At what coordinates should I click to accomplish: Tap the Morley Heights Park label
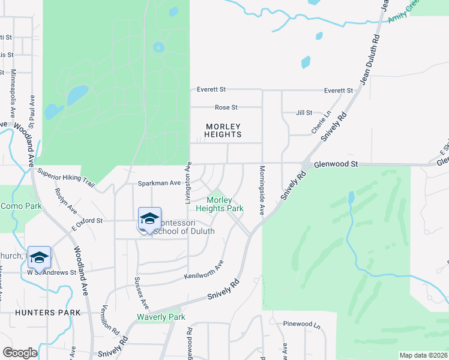224,204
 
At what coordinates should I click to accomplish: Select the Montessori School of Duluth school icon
149,219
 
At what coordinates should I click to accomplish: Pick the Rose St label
226,108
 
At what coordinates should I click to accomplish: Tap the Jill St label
304,113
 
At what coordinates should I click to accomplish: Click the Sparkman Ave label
159,182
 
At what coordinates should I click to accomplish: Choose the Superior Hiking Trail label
66,176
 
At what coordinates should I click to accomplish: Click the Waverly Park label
161,317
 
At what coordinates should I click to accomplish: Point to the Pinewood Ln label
301,324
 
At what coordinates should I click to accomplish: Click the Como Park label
20,206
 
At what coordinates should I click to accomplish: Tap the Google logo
19,352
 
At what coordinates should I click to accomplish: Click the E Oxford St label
87,223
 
